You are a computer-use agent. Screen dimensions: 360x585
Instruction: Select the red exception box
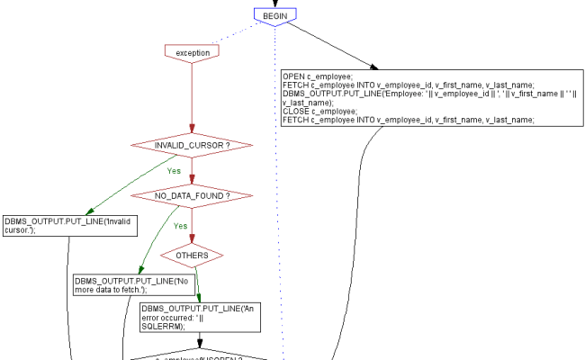[x=193, y=52]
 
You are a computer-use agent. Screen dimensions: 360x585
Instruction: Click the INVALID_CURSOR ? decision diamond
[x=191, y=144]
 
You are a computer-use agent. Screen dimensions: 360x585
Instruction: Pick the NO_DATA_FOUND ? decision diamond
[x=191, y=195]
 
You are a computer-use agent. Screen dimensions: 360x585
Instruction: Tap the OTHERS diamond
[x=193, y=255]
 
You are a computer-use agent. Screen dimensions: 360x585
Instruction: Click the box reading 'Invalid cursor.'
[x=69, y=225]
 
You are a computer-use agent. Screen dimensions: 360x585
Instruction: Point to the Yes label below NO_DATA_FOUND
[x=180, y=226]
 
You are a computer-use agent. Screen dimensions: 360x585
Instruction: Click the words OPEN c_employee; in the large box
[x=316, y=76]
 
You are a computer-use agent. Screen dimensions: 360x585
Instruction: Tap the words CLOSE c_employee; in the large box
[x=316, y=111]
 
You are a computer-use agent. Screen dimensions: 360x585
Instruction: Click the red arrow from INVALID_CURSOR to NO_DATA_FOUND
[x=191, y=170]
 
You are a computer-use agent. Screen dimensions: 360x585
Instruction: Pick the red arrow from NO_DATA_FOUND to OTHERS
[x=192, y=225]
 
